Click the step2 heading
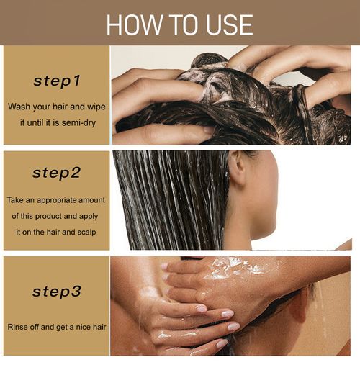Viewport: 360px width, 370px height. click(57, 173)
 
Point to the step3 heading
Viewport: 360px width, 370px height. click(57, 292)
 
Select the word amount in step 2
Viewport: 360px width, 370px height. click(91, 199)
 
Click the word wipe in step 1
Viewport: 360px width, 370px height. click(99, 106)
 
